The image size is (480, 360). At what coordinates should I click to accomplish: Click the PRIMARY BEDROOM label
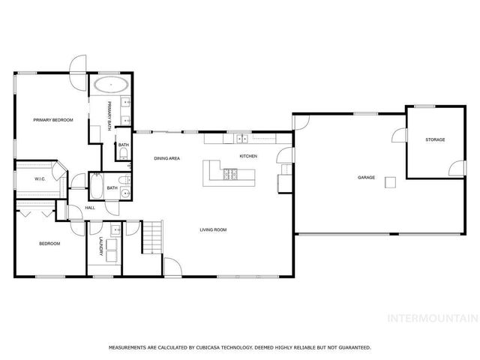[x=52, y=120]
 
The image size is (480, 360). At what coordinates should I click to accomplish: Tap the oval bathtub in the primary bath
[x=109, y=84]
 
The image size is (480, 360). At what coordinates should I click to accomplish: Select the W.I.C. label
[x=40, y=178]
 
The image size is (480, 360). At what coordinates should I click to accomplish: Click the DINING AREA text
[x=166, y=158]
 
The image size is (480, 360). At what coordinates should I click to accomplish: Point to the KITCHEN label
[x=248, y=156]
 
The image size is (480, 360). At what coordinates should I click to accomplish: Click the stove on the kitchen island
[x=231, y=175]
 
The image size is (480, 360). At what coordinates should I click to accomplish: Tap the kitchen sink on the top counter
[x=241, y=139]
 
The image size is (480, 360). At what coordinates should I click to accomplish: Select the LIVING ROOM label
[x=213, y=229]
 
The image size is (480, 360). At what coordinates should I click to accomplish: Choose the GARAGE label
[x=366, y=178]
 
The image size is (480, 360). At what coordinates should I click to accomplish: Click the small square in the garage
[x=390, y=182]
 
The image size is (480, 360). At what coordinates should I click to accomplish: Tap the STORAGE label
[x=435, y=139]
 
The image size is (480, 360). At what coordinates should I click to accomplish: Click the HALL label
[x=89, y=208]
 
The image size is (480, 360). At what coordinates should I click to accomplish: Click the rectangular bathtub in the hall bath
[x=97, y=185]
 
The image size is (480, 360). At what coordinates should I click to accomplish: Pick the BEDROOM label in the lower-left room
[x=49, y=244]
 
